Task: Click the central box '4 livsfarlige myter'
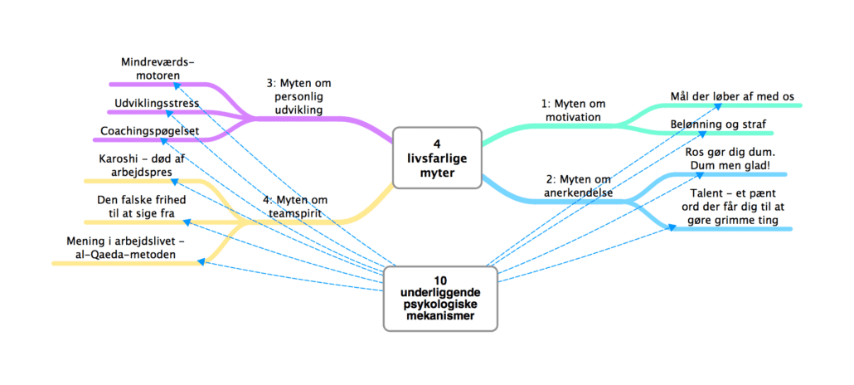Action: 436,158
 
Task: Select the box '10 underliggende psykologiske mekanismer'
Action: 441,298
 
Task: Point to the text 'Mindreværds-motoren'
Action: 158,69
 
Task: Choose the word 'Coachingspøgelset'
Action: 148,131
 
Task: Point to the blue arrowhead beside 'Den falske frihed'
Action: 187,222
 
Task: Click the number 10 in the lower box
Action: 440,280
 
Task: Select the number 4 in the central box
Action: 436,144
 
